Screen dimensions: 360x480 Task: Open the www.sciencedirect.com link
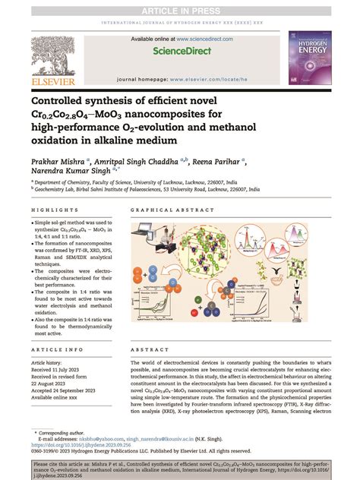pyautogui.click(x=200, y=38)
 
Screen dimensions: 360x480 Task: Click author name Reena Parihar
pyautogui.click(x=217, y=162)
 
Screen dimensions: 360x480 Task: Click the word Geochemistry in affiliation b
pyautogui.click(x=71, y=191)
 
